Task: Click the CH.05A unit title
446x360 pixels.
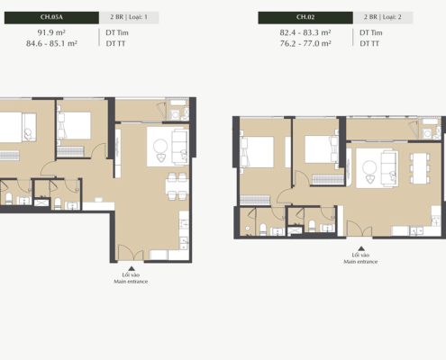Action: pyautogui.click(x=51, y=17)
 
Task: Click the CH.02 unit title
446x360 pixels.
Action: pyautogui.click(x=305, y=17)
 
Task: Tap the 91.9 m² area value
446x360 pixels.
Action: pyautogui.click(x=51, y=32)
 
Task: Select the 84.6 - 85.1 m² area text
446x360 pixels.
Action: pyautogui.click(x=51, y=43)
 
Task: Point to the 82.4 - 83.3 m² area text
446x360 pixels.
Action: pyautogui.click(x=305, y=32)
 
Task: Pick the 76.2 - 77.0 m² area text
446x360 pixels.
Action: pyautogui.click(x=305, y=43)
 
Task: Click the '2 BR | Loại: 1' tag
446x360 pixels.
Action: pyautogui.click(x=129, y=17)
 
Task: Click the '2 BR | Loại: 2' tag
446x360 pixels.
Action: pyautogui.click(x=383, y=17)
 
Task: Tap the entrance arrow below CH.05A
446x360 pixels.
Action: pyautogui.click(x=132, y=268)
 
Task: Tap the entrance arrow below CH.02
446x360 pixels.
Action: pyautogui.click(x=361, y=248)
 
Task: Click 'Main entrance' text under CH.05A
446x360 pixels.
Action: pyautogui.click(x=131, y=282)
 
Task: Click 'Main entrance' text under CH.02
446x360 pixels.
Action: pyautogui.click(x=360, y=262)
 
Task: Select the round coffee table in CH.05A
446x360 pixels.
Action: pyautogui.click(x=160, y=147)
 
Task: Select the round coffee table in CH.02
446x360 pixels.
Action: pyautogui.click(x=369, y=167)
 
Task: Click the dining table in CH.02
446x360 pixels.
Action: pyautogui.click(x=420, y=168)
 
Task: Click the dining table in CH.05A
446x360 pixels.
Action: pyautogui.click(x=177, y=186)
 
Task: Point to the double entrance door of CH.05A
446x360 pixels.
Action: pyautogui.click(x=131, y=253)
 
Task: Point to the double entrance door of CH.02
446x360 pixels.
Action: pyautogui.click(x=360, y=229)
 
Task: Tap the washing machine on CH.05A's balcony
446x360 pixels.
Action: pyautogui.click(x=175, y=114)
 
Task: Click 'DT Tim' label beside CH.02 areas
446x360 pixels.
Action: pyautogui.click(x=371, y=32)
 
